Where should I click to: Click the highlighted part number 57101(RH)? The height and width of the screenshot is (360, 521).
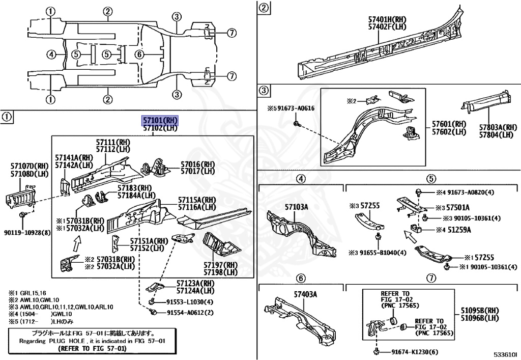click(160, 120)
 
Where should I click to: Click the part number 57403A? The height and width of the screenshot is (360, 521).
click(305, 294)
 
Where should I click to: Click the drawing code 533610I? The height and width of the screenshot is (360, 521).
click(505, 353)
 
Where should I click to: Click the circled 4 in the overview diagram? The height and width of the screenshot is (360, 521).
click(50, 54)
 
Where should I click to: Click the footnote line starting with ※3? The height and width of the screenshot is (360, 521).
click(61, 307)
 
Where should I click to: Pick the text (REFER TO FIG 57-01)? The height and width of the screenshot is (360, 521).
click(92, 349)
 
